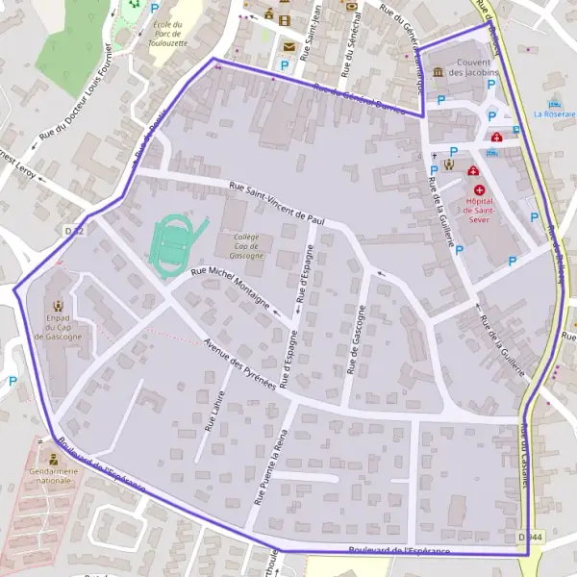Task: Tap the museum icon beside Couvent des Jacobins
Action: pyautogui.click(x=438, y=71)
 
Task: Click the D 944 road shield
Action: pyautogui.click(x=527, y=537)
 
